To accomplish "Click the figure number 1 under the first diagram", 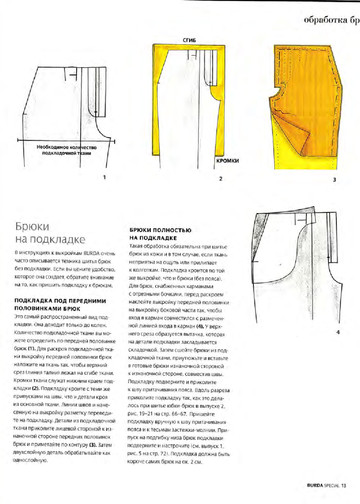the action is click(76, 176).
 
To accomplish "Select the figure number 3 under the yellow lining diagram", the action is click(304, 176).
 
